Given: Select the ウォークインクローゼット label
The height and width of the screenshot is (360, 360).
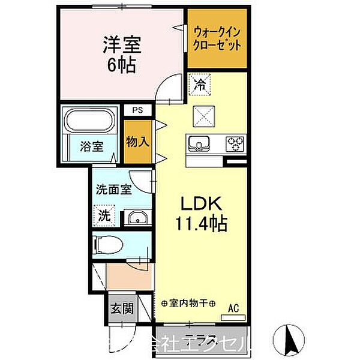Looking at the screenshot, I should coord(217,37).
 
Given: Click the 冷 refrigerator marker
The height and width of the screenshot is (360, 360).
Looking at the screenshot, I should coord(199,85).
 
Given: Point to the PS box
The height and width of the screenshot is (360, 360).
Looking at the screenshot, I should coord(137,110).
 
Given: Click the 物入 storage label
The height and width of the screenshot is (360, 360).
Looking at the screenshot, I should coord(137,142).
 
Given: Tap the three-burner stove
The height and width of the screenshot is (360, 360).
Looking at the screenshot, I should coord(235,144).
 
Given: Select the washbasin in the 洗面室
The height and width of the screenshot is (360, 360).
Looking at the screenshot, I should coord(137,218).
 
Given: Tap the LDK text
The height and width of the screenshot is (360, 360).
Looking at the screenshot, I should coord(201,203).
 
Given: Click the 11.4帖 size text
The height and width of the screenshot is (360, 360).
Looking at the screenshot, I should coord(201,226).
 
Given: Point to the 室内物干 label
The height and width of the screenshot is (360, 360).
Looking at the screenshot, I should coord(188,304).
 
